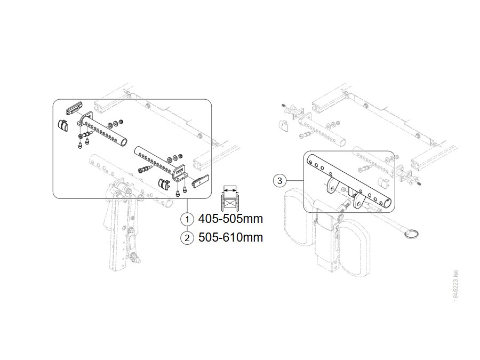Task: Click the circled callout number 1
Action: click(x=187, y=219)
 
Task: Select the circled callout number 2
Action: click(x=187, y=238)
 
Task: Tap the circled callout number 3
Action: click(x=279, y=181)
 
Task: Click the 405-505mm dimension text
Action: click(x=230, y=219)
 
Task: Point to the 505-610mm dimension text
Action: click(x=230, y=237)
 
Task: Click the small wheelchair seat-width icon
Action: click(x=229, y=198)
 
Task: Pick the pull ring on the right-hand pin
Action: click(x=411, y=234)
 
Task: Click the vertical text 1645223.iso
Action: click(x=455, y=286)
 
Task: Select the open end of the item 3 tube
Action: click(x=388, y=202)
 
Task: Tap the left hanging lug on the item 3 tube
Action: click(x=331, y=186)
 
